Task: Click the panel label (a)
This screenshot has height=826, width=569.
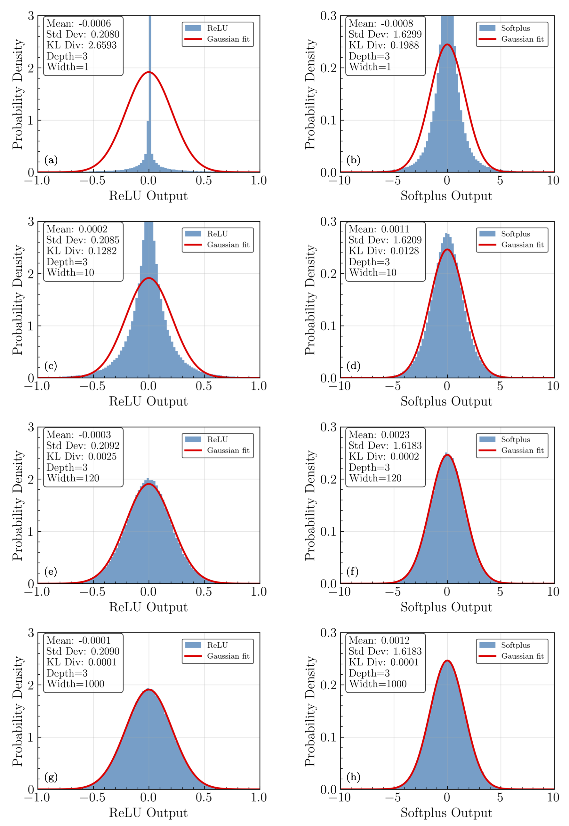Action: tap(51, 160)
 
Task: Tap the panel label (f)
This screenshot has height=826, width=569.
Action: tap(352, 572)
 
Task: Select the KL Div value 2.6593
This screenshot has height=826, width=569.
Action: tap(82, 45)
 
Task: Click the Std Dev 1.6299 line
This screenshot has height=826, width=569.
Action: tap(385, 34)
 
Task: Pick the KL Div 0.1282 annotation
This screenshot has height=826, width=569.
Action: tap(82, 251)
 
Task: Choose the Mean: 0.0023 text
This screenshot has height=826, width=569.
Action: tap(379, 435)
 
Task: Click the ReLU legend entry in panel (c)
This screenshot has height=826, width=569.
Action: tap(217, 234)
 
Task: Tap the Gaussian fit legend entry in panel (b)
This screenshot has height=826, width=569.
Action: tap(522, 39)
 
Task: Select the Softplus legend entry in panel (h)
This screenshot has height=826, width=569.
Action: tap(515, 645)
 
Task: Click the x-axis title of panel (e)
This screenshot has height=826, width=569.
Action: tap(148, 607)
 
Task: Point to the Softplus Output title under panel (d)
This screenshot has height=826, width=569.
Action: tap(446, 401)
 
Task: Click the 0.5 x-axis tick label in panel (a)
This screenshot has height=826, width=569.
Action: tap(204, 181)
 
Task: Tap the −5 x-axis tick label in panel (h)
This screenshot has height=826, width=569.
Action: tap(393, 798)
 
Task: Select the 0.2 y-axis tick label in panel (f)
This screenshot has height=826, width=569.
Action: tap(328, 479)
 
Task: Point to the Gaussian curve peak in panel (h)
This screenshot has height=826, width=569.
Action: tap(447, 661)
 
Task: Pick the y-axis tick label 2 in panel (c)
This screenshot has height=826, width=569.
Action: tap(31, 274)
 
